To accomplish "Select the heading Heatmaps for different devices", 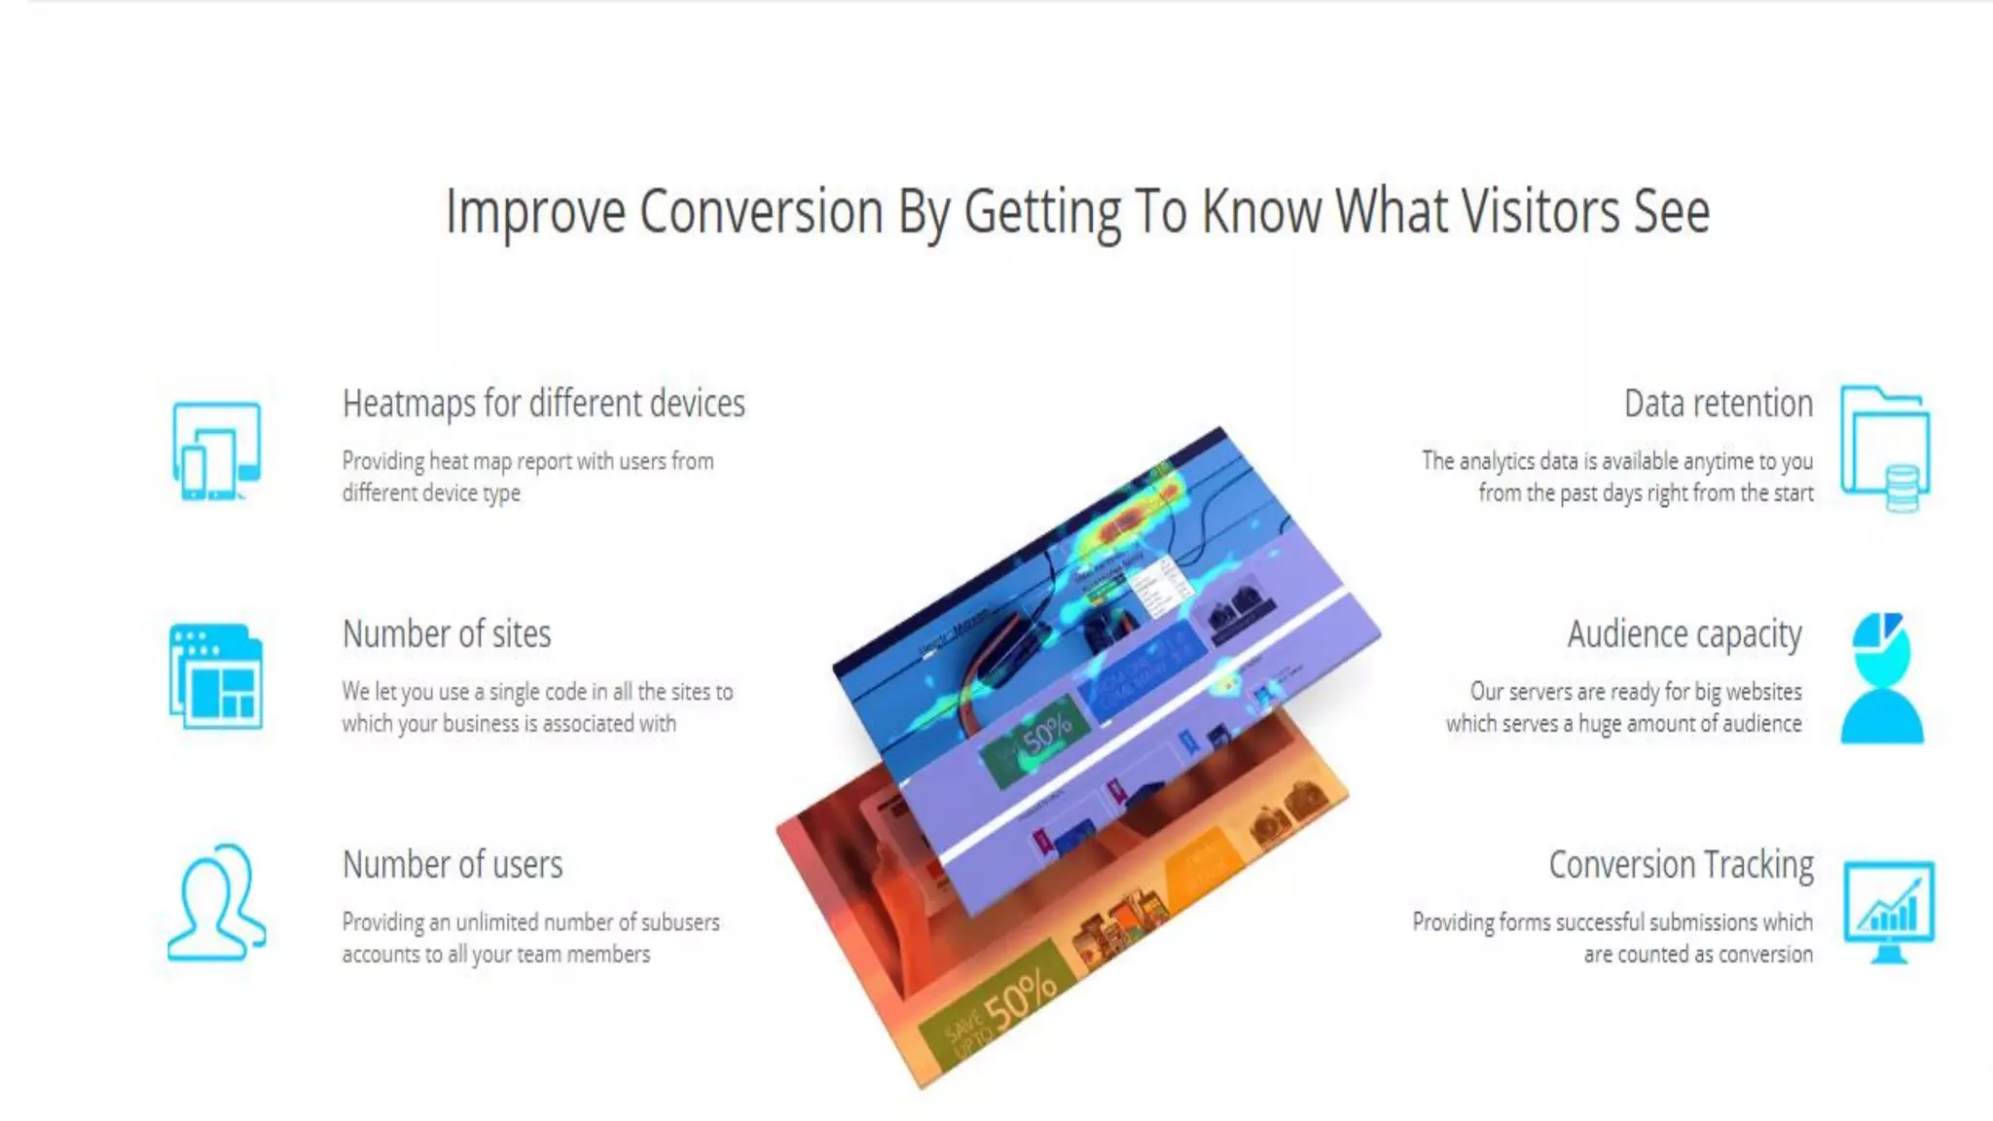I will point(543,403).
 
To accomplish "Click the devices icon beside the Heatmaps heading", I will point(216,452).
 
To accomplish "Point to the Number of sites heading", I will point(447,633).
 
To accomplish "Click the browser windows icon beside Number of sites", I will point(216,677).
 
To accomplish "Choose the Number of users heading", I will point(453,864).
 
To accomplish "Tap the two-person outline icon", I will point(216,903).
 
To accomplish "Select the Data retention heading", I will point(1719,403).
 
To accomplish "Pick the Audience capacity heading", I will point(1685,633).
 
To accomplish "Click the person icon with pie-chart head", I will point(1882,678).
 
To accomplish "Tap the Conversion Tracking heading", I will point(1681,864).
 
